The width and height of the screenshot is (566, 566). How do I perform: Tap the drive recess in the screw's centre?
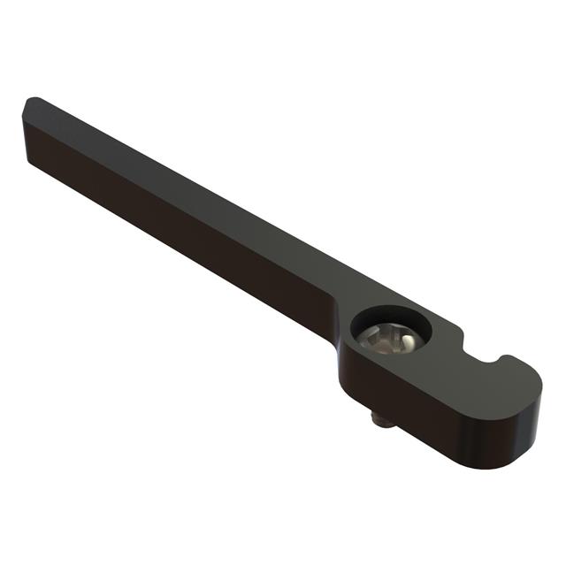pos(390,337)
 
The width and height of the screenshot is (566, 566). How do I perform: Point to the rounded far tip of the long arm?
pos(32,104)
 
